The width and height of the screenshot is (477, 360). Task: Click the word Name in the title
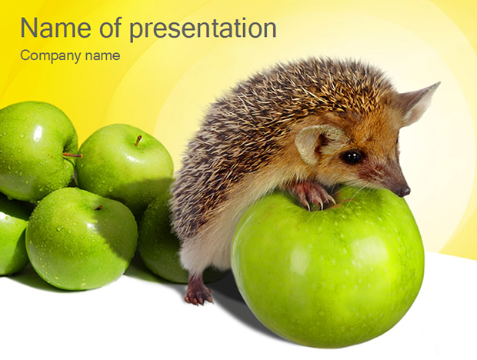[x=55, y=28]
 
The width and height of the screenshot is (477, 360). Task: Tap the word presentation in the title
[x=203, y=30]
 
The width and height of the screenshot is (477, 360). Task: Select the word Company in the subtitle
[x=51, y=56]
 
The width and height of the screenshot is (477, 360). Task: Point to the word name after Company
[x=102, y=56]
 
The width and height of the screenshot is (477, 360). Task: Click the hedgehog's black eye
[x=352, y=157]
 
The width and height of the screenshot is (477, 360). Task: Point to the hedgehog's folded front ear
[x=316, y=144]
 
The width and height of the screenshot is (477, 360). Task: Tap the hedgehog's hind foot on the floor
[x=198, y=295]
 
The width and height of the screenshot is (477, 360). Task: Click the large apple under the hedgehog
[x=327, y=268]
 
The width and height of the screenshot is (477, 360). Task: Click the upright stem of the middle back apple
[x=138, y=141]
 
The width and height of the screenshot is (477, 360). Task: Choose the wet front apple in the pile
[x=82, y=238]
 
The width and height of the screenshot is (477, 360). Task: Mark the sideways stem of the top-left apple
[x=72, y=155]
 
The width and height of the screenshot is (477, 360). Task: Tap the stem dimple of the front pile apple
[x=98, y=208]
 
